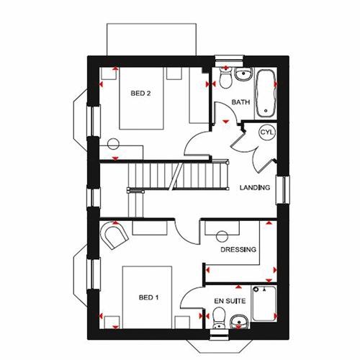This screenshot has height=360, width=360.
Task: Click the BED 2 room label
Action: point(140,93)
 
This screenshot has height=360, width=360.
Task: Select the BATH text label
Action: point(240,102)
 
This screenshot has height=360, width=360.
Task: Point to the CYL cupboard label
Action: point(266,134)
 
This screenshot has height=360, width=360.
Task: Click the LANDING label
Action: point(254,188)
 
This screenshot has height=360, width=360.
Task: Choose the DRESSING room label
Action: point(238,249)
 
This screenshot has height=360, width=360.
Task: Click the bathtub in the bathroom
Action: point(266,93)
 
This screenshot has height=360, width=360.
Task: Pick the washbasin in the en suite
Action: point(240,320)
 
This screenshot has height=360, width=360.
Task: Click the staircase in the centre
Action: point(173,175)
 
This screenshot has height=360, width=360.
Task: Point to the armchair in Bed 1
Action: point(113,236)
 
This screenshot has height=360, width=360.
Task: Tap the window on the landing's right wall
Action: point(284,189)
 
